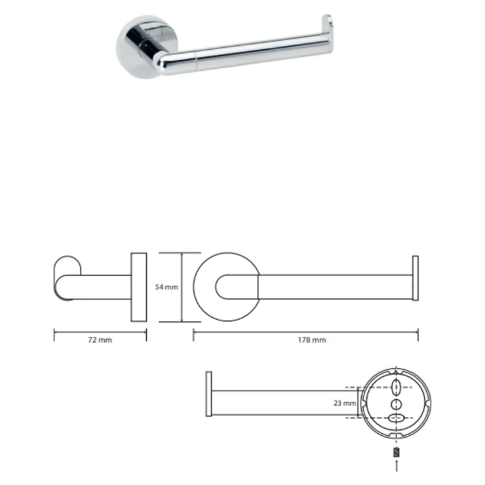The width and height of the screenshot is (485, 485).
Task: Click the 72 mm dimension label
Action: (100, 340)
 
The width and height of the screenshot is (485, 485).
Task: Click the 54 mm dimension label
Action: (166, 287)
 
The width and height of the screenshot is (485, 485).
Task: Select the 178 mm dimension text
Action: (312, 340)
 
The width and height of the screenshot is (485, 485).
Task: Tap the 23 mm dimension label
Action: (345, 403)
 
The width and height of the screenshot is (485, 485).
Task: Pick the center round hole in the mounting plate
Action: (397, 404)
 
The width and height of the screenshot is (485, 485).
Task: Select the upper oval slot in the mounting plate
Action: (397, 387)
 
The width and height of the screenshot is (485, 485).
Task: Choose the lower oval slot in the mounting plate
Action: (397, 418)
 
